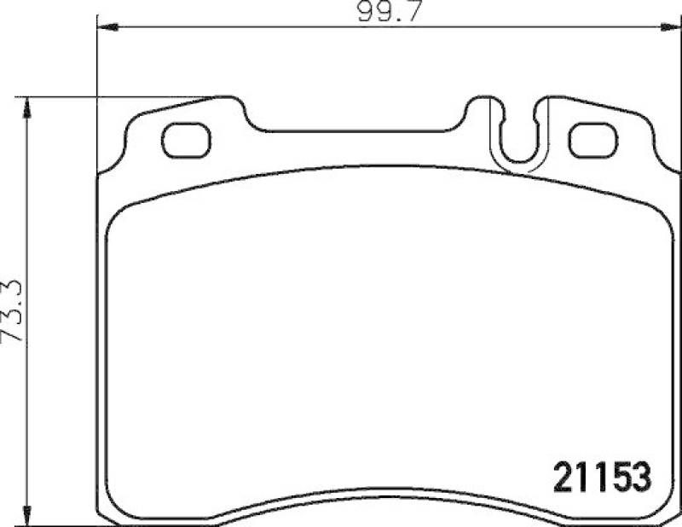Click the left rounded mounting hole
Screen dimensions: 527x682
pos(185,141)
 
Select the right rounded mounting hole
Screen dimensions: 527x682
pos(592,141)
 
